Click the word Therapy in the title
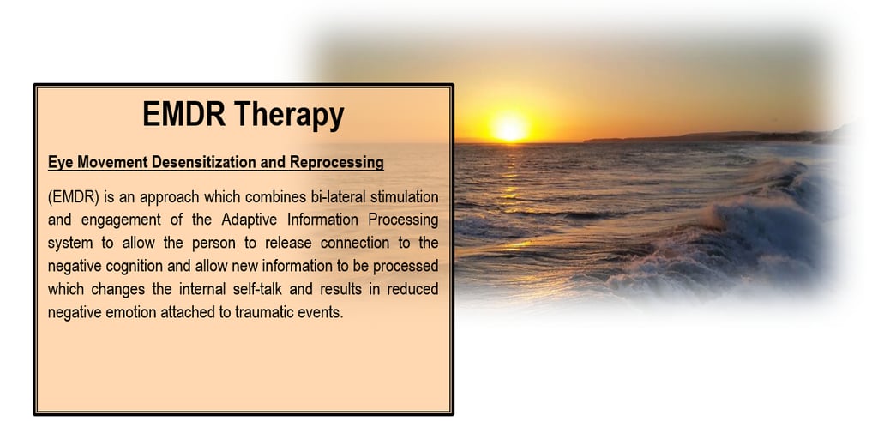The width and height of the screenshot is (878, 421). pos(289,115)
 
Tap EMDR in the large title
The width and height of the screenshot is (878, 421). pos(183,114)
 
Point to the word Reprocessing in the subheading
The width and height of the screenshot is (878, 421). pos(336,163)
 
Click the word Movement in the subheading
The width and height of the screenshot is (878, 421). pos(112,162)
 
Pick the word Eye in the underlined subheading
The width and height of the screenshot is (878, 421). pos(61,163)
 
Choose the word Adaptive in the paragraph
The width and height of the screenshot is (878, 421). pos(250,220)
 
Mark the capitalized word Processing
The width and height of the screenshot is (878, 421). pos(403,220)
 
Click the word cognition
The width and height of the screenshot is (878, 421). pos(135,267)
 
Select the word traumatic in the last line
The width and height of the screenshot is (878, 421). pos(266,312)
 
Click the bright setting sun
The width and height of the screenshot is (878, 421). pos(509,128)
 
